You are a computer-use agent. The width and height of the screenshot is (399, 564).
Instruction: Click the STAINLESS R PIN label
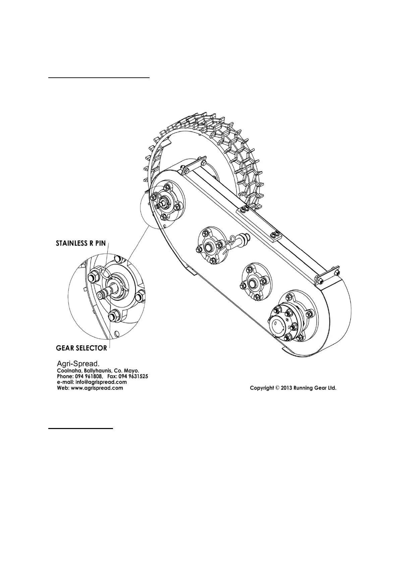[x=80, y=243]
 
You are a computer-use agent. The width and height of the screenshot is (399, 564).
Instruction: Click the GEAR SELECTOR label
[x=81, y=348]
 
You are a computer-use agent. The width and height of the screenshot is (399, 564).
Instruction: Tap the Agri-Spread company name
[x=77, y=364]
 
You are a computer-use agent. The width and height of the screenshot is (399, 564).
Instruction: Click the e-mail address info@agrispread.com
[x=101, y=382]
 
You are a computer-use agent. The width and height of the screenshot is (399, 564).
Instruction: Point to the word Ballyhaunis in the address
[x=98, y=371]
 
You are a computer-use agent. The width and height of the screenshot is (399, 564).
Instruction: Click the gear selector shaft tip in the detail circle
[x=100, y=294]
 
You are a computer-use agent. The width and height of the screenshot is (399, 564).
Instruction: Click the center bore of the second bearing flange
[x=208, y=248]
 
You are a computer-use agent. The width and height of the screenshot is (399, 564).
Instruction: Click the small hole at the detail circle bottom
[x=116, y=333]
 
